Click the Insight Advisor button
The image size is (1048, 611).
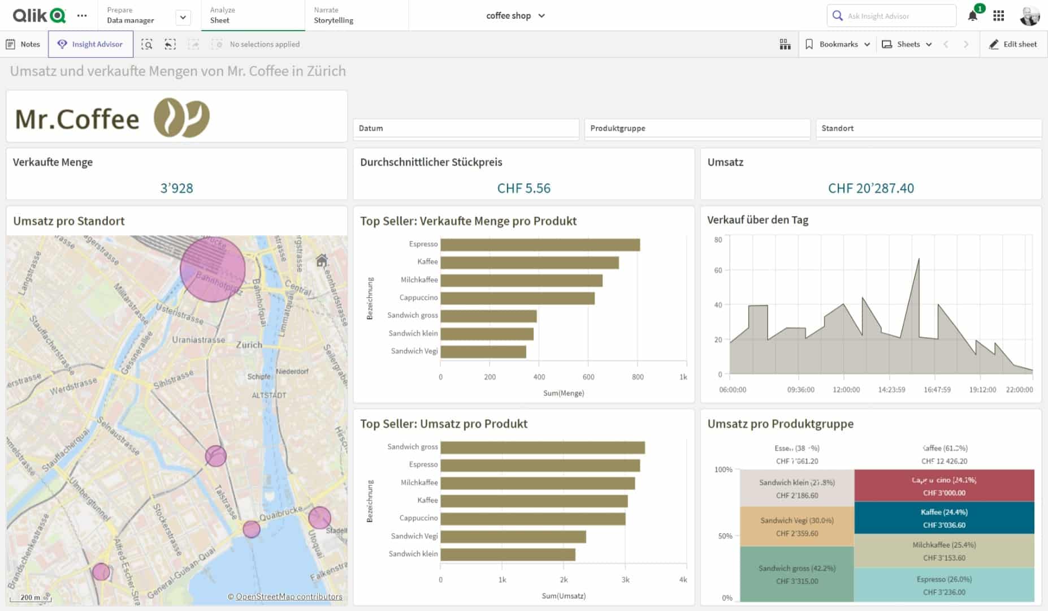coord(90,44)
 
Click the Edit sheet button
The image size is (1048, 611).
coord(1013,44)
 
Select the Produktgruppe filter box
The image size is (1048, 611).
coord(696,128)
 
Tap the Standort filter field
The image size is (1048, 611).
coord(928,128)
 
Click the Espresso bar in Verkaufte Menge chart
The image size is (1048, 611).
coord(540,244)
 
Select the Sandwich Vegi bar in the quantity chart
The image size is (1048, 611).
coord(483,351)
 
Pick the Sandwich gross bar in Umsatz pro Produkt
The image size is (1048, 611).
coord(543,448)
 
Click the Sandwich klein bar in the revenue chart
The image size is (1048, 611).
coord(508,554)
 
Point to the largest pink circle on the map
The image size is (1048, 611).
coord(213,269)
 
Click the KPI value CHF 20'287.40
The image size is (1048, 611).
coord(871,188)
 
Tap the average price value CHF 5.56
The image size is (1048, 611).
coord(523,188)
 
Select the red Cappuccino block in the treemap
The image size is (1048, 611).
coord(944,486)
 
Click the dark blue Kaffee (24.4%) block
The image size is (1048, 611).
coord(944,518)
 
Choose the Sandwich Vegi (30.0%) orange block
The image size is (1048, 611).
coord(796,527)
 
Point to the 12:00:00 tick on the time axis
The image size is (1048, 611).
coord(846,390)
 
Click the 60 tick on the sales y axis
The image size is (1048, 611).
coord(718,270)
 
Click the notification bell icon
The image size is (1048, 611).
coord(972,16)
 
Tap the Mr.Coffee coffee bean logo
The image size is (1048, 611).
coord(181,118)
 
